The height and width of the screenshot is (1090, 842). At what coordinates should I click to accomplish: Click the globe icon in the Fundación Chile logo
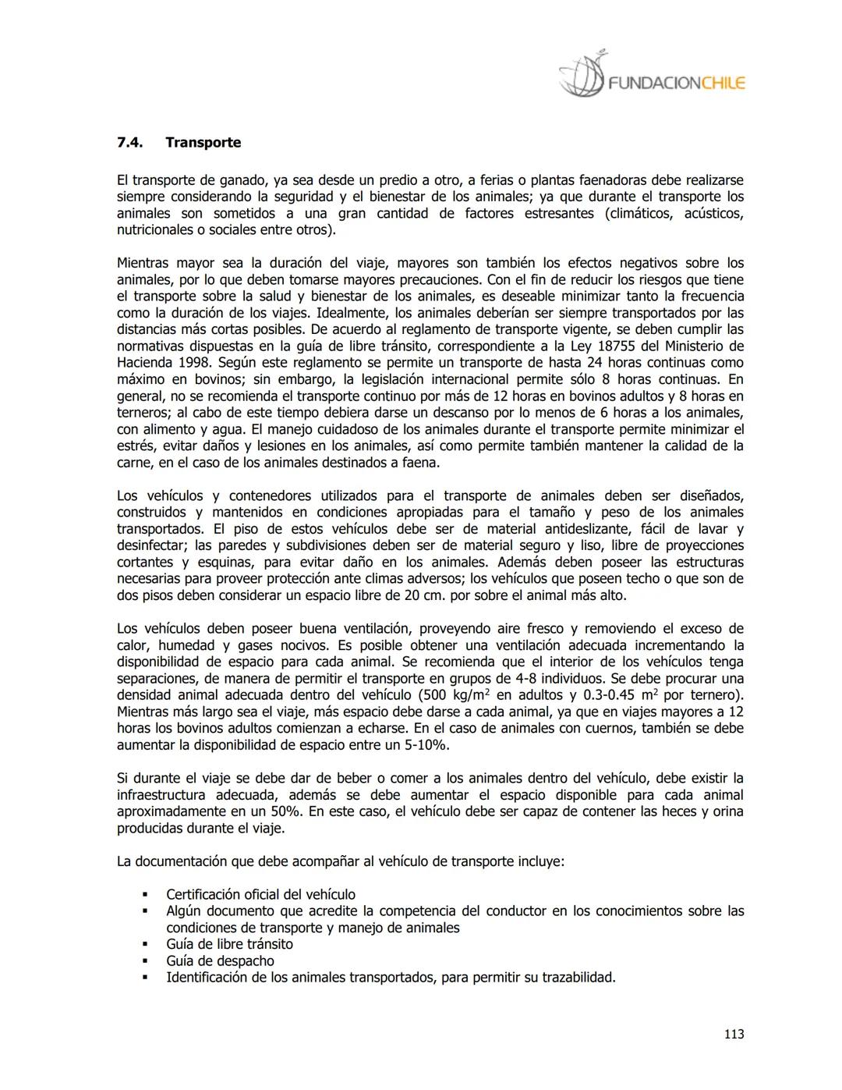click(x=582, y=75)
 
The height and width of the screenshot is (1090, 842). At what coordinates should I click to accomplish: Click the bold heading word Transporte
click(x=203, y=143)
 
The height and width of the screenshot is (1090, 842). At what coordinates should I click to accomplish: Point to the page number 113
click(x=734, y=1035)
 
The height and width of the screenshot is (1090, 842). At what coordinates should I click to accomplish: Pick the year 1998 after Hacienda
click(x=195, y=363)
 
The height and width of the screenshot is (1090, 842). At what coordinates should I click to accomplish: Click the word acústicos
click(x=713, y=214)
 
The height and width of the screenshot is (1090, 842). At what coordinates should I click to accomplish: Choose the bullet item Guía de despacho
click(x=220, y=961)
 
